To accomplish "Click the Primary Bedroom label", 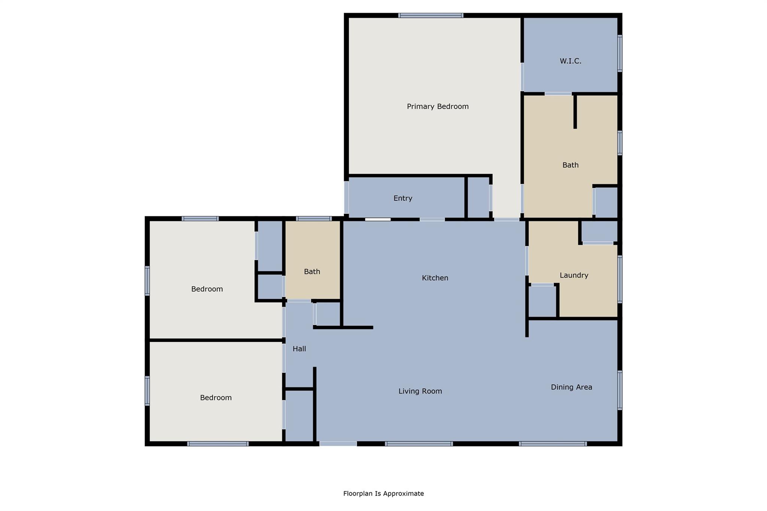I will click(x=437, y=107).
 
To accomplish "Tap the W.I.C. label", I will click(x=570, y=61).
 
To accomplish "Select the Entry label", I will click(x=403, y=198).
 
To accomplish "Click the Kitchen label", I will click(x=435, y=278).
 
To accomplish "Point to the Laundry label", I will click(x=574, y=275).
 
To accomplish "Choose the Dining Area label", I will click(x=571, y=387).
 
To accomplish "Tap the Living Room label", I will click(x=420, y=391).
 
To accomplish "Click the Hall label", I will click(x=299, y=349).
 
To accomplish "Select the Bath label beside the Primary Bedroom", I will click(x=570, y=165).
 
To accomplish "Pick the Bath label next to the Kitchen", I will click(x=312, y=272).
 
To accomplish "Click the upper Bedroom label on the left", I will click(x=207, y=289).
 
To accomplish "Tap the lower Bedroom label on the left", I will click(x=216, y=398).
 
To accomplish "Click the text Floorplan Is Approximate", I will click(x=383, y=493).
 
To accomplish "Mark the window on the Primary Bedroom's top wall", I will click(x=431, y=15).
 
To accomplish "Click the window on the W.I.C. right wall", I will click(x=620, y=53).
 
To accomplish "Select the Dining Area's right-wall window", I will click(x=620, y=390).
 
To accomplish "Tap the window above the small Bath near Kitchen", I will click(x=314, y=219).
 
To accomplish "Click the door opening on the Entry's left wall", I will click(x=346, y=197).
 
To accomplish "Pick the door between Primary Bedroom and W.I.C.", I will click(x=522, y=77).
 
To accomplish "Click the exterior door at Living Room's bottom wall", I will click(x=338, y=444).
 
